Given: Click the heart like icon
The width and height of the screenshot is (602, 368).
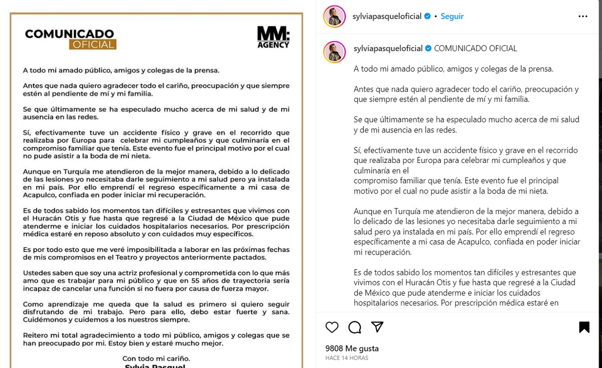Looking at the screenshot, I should point(332,327).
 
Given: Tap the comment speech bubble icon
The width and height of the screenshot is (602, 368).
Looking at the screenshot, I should point(355,327).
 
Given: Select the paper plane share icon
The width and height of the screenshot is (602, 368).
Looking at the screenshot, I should point(377,327).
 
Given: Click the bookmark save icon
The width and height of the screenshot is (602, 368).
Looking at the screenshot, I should point(584,327).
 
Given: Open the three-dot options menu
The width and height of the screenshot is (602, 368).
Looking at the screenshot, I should point(582,16).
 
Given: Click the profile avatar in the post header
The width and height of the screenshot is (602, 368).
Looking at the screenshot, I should point(334,16).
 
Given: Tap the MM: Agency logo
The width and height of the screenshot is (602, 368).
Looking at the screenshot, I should point(273,37).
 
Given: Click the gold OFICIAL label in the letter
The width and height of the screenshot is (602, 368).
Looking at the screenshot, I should point(93,45).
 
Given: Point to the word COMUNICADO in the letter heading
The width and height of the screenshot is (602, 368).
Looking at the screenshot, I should point(70,34).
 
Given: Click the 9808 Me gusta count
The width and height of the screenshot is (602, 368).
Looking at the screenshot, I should point(352,348).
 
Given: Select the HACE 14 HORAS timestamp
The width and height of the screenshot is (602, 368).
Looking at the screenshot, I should point(347,358).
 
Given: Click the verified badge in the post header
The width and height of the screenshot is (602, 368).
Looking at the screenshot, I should point(427,16).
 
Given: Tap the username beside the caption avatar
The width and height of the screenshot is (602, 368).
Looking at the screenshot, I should point(388,49).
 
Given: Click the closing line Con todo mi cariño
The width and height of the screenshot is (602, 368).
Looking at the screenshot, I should point(156,358).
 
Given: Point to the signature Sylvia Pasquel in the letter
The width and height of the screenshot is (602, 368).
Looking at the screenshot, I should point(156,366).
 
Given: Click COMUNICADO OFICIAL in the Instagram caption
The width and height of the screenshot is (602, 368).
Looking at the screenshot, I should point(475,49).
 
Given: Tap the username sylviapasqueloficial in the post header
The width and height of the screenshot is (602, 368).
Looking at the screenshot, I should point(388,16).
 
